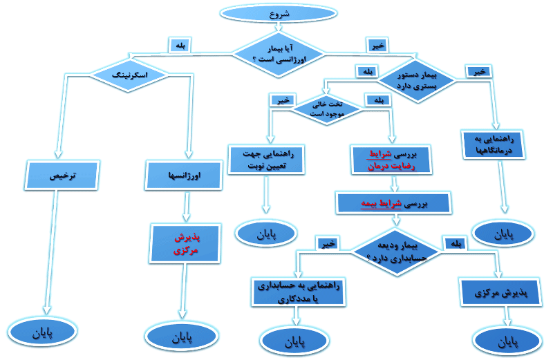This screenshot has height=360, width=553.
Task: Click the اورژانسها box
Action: coord(184,176)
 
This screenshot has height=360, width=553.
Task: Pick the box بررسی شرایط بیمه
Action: coord(393,203)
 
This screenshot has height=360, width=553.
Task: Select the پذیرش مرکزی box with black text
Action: coord(498,293)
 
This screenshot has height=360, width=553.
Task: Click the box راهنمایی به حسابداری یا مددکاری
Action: coord(295,292)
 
